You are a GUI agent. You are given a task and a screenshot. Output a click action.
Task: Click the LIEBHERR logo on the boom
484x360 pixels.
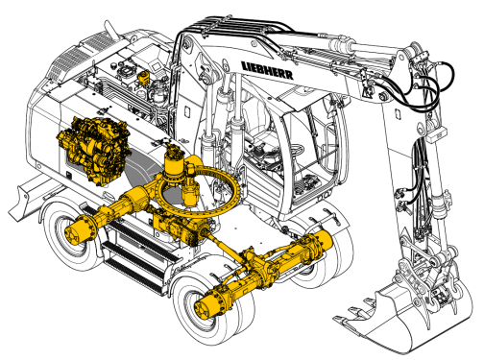267,70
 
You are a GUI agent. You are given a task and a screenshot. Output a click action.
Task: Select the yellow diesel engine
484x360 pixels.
94,149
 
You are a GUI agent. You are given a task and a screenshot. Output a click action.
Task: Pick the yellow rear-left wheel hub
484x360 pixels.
80,229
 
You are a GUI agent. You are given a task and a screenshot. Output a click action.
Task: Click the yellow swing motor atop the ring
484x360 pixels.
175,163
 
